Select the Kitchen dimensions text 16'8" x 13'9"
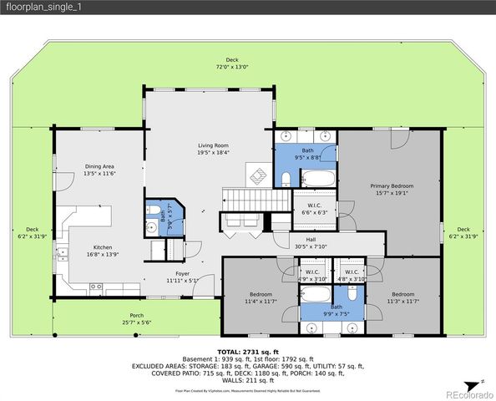pyautogui.click(x=103, y=253)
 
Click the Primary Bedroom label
pyautogui.click(x=392, y=185)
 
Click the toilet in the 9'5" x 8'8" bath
pyautogui.click(x=285, y=179)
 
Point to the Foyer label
pyautogui.click(x=182, y=273)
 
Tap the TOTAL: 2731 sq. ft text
pyautogui.click(x=248, y=353)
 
